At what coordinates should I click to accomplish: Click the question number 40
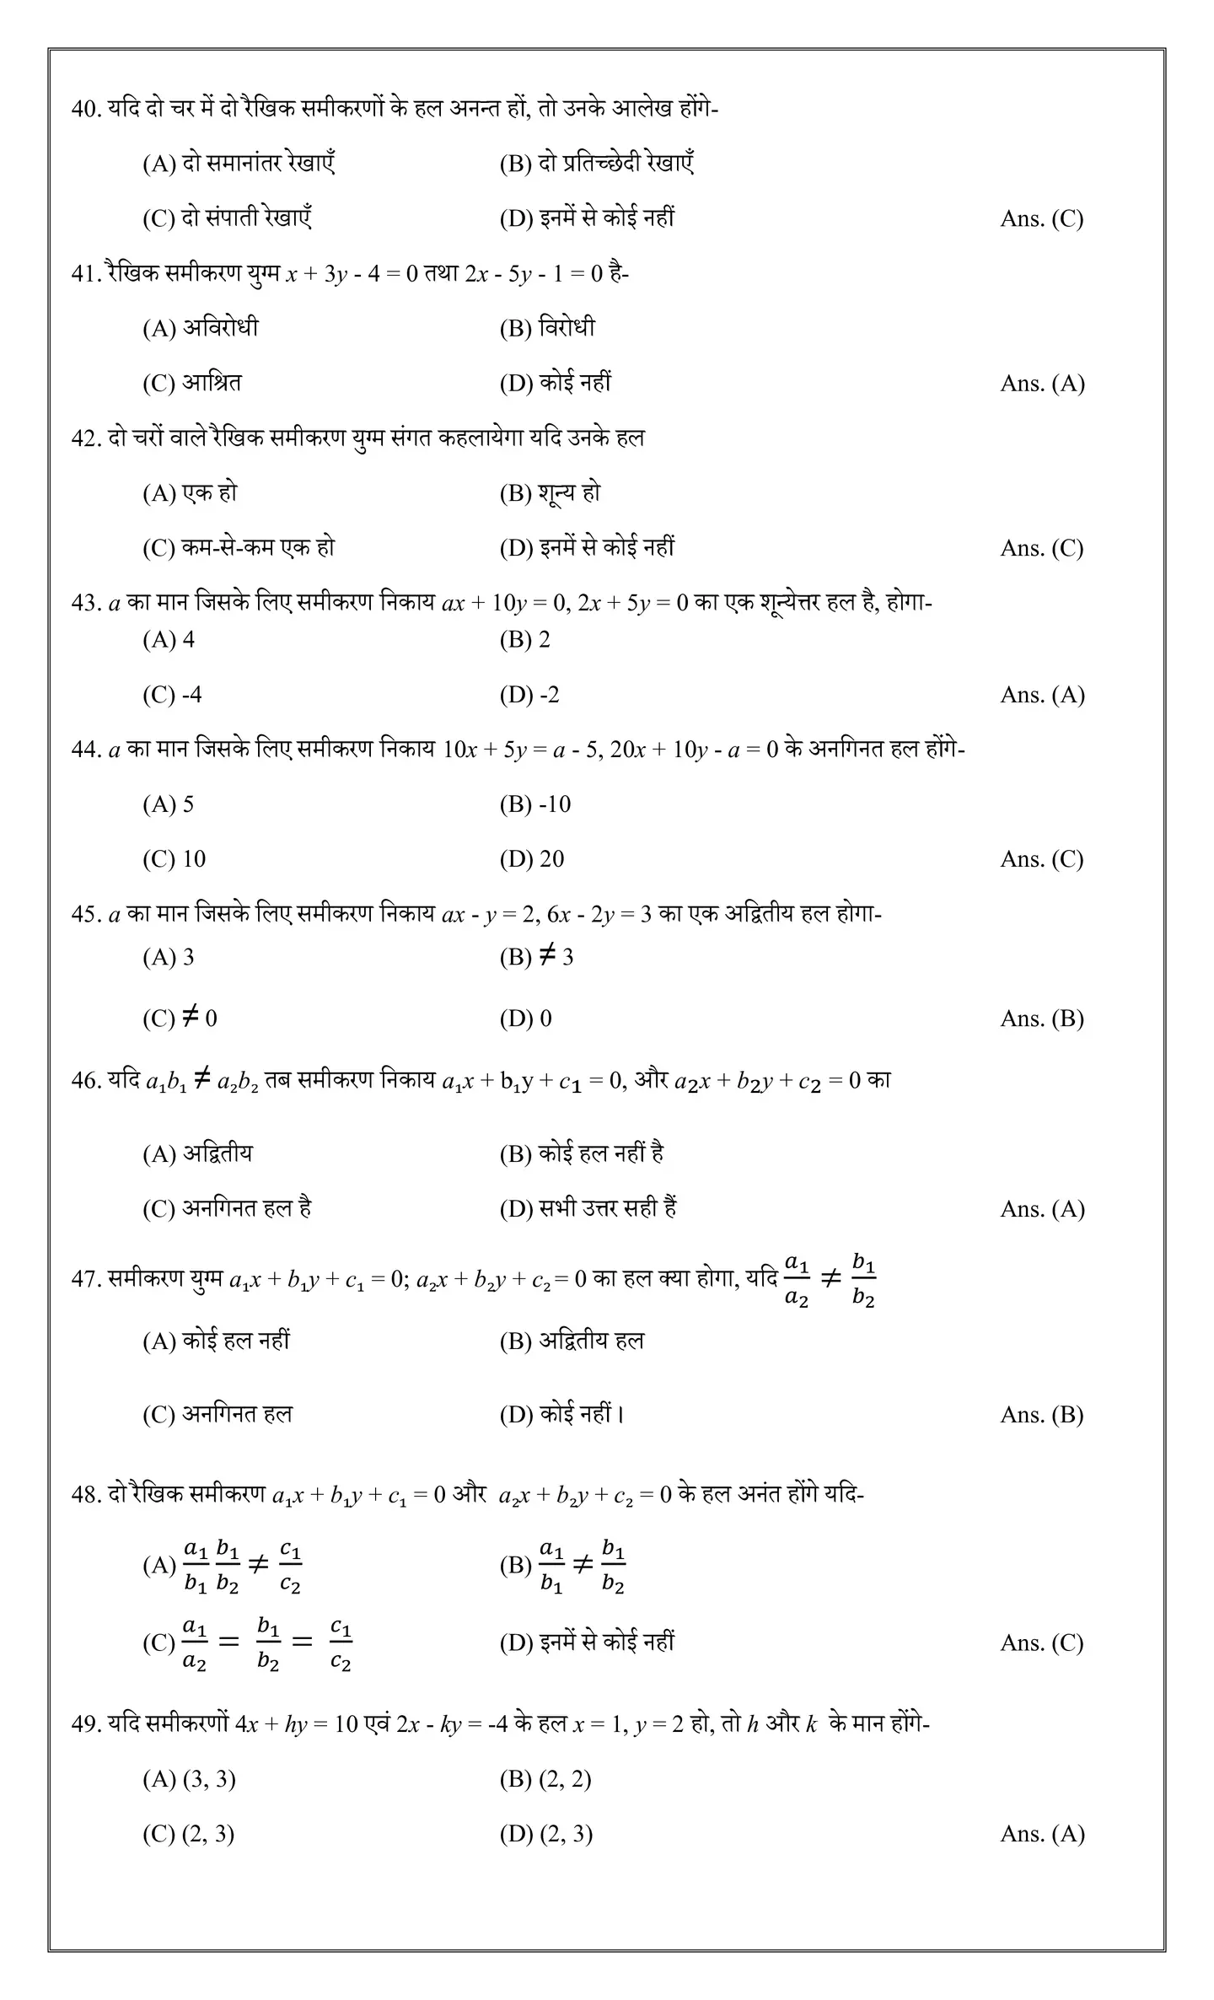85,110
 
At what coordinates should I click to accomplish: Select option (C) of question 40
228,218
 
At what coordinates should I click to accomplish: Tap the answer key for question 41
1042,384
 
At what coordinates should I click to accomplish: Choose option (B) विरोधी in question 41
547,328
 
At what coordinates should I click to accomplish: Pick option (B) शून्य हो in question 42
550,493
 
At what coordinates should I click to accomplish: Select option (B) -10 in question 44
535,804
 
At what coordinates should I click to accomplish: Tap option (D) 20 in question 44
532,859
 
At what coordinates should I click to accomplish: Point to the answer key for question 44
1042,859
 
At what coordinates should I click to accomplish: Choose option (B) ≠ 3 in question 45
536,957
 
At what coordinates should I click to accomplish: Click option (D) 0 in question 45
526,1019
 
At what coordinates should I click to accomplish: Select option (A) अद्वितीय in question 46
197,1153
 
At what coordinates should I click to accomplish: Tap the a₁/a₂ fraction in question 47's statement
797,1280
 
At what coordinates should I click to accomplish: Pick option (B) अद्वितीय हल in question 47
572,1341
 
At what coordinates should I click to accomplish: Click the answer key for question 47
1042,1415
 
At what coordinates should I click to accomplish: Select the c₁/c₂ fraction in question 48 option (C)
341,1643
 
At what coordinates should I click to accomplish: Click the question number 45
85,915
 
